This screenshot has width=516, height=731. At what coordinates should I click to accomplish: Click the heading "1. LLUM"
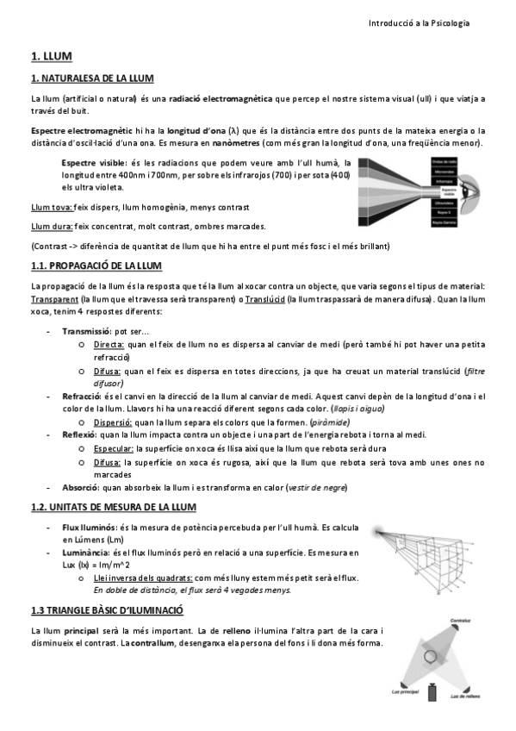pyautogui.click(x=51, y=56)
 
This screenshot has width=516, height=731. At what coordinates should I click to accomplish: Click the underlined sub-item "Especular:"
pyautogui.click(x=114, y=449)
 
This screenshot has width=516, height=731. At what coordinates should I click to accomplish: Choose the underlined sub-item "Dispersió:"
pyautogui.click(x=113, y=422)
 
